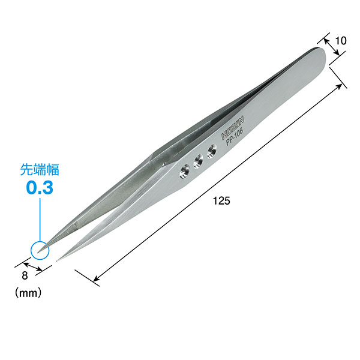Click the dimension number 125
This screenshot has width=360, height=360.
tap(221, 201)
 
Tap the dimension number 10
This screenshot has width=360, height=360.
tap(341, 41)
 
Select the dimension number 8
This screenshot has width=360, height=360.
tap(25, 275)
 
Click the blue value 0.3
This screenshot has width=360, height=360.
tap(40, 188)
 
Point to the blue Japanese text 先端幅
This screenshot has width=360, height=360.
tap(40, 170)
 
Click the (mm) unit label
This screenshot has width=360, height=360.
tap(28, 293)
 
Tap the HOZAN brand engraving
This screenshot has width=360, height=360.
tap(233, 128)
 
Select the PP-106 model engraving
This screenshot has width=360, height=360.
tap(235, 137)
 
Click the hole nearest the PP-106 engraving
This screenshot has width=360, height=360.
tap(212, 152)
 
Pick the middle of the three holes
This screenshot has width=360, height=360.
tap(198, 161)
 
